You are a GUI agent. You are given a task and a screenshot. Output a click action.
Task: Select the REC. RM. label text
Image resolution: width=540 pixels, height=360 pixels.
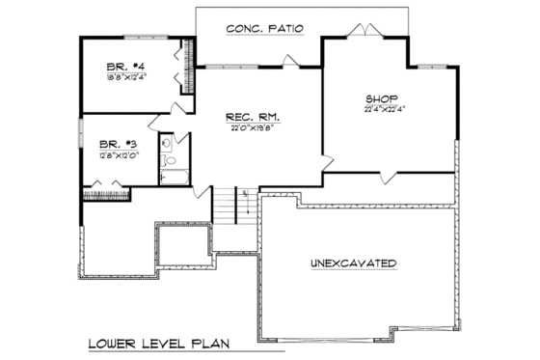point(246,118)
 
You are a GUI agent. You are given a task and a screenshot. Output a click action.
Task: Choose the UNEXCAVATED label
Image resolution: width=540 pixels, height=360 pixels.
point(355,263)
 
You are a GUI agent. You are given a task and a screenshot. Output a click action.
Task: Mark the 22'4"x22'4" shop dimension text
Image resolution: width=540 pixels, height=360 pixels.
point(382,109)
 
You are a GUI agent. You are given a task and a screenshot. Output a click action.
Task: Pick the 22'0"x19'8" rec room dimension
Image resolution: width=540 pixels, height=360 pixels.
point(246,128)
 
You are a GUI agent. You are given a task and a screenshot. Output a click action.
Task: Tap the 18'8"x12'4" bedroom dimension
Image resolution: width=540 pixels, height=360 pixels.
point(125,76)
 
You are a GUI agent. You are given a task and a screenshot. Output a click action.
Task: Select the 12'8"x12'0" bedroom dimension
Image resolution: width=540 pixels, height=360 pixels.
point(113,152)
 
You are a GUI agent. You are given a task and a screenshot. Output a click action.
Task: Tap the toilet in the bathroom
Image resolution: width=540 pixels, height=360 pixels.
point(168,159)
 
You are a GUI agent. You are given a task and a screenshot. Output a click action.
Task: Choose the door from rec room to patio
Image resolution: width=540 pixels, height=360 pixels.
point(289,63)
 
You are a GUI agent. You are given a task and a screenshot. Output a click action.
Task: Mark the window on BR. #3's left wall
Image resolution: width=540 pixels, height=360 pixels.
point(81,136)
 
